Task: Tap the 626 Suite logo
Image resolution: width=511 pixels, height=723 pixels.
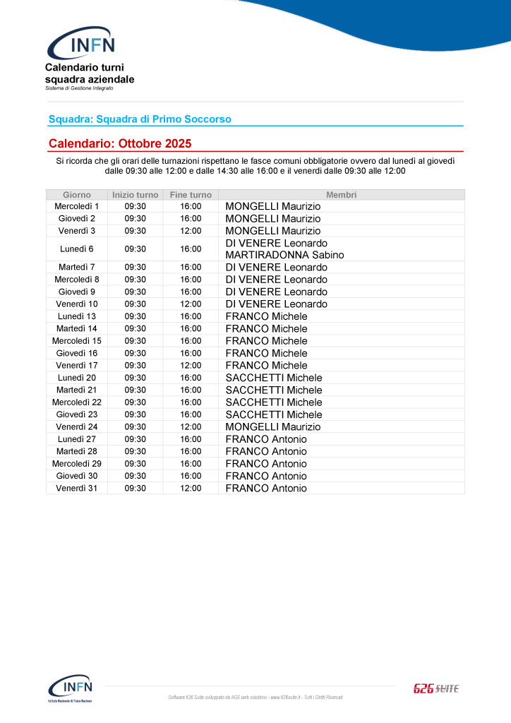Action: click(x=435, y=688)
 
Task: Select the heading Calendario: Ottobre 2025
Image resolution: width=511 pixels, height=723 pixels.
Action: click(x=120, y=143)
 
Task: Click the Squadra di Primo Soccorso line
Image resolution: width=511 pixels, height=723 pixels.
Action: click(x=140, y=119)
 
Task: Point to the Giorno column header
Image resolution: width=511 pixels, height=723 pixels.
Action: click(x=77, y=194)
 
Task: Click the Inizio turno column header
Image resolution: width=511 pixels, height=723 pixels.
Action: click(x=135, y=194)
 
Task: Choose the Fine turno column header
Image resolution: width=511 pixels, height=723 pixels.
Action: click(x=191, y=194)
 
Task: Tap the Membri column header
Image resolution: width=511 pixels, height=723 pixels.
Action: click(x=341, y=194)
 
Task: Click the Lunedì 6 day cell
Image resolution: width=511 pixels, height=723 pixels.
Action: click(x=77, y=249)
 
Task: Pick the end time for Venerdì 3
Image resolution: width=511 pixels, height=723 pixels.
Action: click(x=191, y=231)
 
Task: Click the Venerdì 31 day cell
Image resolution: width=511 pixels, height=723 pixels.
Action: click(x=77, y=488)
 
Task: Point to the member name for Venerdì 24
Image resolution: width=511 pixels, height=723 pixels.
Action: click(x=272, y=426)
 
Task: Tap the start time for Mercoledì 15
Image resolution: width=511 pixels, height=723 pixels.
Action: click(x=135, y=341)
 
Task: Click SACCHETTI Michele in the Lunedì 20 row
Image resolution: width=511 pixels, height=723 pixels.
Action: click(x=274, y=378)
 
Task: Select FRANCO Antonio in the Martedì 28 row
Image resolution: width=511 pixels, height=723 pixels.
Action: click(x=266, y=451)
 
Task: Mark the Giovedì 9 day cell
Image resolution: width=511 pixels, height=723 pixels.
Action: click(x=77, y=292)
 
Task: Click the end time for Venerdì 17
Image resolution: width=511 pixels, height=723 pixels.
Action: click(x=191, y=365)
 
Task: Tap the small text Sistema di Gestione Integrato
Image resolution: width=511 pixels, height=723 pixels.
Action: click(x=79, y=88)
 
